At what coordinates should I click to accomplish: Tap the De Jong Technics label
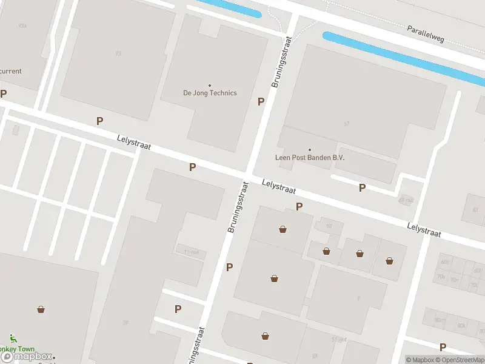tap(210, 93)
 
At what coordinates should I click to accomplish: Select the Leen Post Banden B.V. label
tap(310, 158)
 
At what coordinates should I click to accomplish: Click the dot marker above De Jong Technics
tap(210, 86)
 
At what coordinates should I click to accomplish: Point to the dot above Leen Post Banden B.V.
tap(310, 150)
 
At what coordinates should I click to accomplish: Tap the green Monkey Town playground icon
tap(13, 338)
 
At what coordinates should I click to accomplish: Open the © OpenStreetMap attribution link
tap(461, 360)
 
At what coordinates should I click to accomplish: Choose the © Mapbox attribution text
tap(421, 360)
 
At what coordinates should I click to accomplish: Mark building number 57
tap(346, 124)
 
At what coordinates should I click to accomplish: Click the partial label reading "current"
tap(10, 71)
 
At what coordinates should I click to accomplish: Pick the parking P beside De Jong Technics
tap(261, 101)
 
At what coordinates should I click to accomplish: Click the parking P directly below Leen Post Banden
tap(362, 187)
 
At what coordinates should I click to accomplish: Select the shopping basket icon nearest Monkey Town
tap(41, 309)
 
